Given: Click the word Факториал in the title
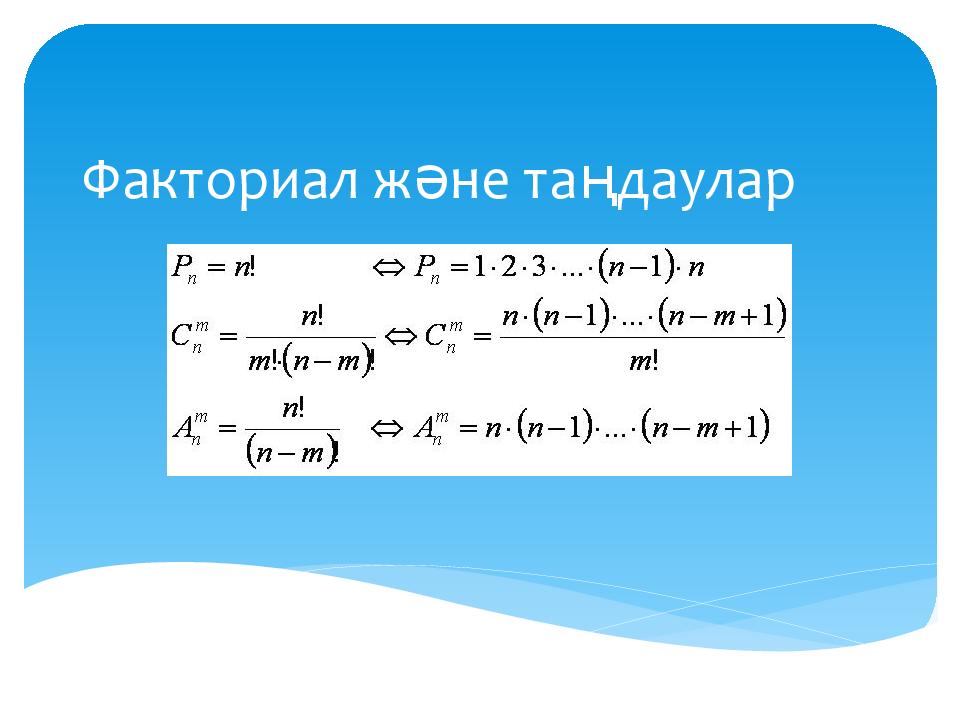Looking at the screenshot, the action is click(219, 181).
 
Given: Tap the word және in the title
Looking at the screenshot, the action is click(440, 182).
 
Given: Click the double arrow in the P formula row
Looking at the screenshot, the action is click(389, 267).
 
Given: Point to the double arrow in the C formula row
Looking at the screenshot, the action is click(400, 336).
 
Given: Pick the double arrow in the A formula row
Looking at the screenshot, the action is click(387, 428).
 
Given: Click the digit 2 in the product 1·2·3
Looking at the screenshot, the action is click(508, 267).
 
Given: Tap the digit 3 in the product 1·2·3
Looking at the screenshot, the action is click(538, 267).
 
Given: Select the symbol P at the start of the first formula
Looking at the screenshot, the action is click(181, 266).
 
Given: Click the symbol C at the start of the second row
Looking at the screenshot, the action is click(181, 336).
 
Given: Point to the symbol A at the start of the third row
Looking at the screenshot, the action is click(182, 427).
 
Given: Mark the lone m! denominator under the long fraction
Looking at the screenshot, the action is click(643, 362).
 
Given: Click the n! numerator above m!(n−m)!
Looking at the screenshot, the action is click(312, 316).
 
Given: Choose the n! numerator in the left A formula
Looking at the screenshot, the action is click(293, 408).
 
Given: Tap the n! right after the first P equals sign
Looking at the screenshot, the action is click(244, 267).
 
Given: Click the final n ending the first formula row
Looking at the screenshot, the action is click(696, 268).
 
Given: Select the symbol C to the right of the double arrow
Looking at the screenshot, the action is click(435, 336).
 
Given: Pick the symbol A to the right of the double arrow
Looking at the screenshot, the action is click(424, 427).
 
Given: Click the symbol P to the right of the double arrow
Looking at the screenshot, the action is click(424, 266).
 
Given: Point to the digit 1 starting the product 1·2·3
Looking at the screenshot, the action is click(479, 267).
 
